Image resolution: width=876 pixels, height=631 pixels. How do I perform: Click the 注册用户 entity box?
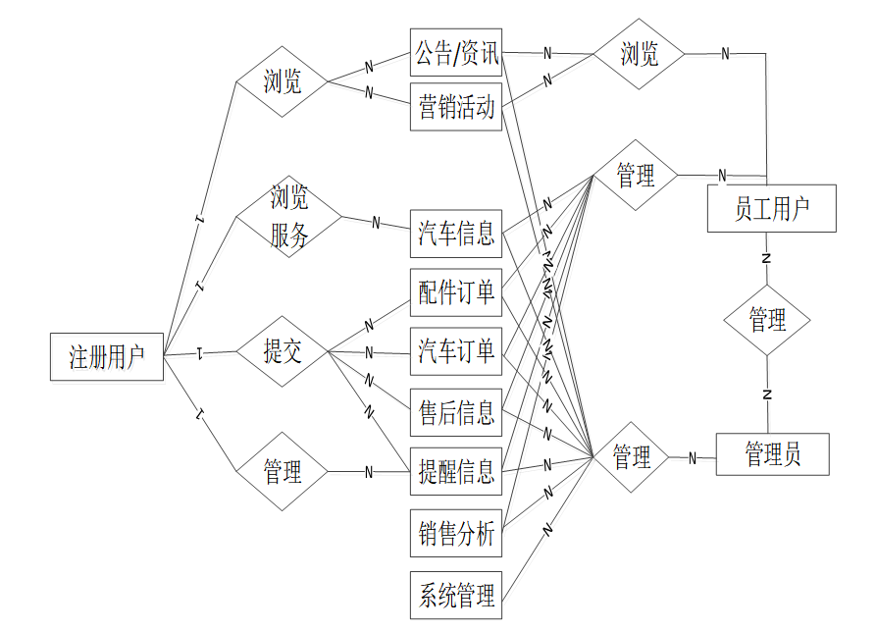(x=106, y=357)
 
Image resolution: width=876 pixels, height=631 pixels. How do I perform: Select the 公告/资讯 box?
(x=456, y=53)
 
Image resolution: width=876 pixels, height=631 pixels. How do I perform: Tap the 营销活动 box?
(x=456, y=106)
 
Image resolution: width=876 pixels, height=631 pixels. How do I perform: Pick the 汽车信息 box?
(x=456, y=234)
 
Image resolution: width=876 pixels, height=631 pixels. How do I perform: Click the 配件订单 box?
(x=456, y=292)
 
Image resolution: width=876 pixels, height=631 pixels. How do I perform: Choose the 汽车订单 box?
(x=456, y=351)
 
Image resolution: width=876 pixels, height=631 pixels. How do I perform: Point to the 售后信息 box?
(x=456, y=412)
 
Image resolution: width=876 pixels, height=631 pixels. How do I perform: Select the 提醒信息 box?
(x=456, y=472)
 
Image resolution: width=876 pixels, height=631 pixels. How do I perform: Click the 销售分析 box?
(x=456, y=534)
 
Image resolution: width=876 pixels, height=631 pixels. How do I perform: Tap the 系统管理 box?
(x=456, y=595)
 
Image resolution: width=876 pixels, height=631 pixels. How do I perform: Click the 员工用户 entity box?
(x=771, y=208)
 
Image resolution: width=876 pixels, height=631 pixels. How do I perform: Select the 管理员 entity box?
(x=773, y=454)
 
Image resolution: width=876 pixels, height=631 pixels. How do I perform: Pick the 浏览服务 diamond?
(x=289, y=217)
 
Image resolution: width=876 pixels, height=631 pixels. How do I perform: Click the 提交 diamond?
(x=283, y=351)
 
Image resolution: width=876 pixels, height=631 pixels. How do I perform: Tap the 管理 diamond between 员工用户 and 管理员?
(x=767, y=320)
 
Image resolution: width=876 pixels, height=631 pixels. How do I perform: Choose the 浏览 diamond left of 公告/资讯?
(x=283, y=81)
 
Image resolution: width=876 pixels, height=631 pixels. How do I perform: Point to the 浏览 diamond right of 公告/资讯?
(x=640, y=54)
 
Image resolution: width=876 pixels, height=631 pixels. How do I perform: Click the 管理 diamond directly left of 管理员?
(x=632, y=457)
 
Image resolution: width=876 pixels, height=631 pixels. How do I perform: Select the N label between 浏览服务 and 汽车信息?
(x=376, y=223)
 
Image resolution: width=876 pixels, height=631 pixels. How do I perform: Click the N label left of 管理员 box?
(x=693, y=457)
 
